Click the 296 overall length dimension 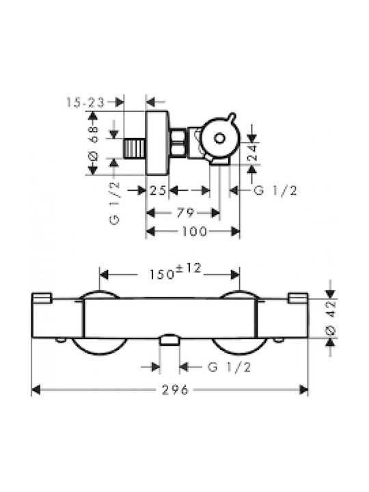click(175, 390)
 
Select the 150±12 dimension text click(175, 272)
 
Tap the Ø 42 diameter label click(331, 317)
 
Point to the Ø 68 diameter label click(94, 143)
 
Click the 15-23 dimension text click(85, 102)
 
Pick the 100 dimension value click(195, 232)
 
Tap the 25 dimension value click(158, 190)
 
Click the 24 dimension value click(252, 152)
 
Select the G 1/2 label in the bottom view click(230, 367)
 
